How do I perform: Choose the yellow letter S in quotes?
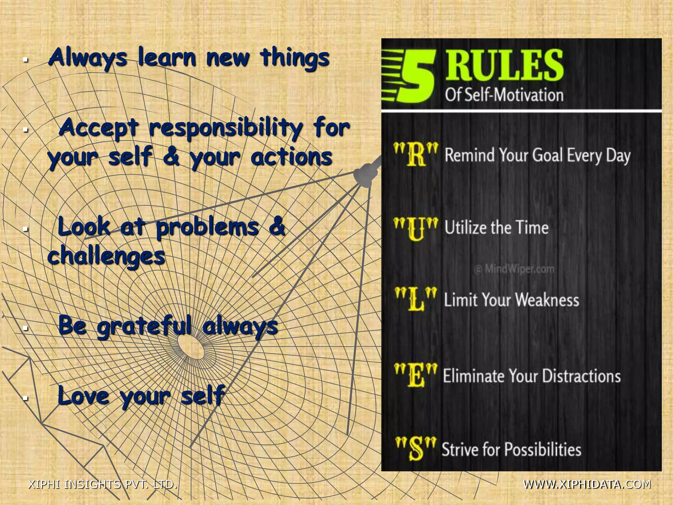[x=416, y=448]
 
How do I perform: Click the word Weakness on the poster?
[x=547, y=300]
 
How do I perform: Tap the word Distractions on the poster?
[x=581, y=376]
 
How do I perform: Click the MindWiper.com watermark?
[x=514, y=269]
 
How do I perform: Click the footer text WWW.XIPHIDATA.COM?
[x=587, y=484]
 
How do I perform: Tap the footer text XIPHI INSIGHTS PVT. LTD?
[x=103, y=484]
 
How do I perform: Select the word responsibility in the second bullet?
[x=225, y=128]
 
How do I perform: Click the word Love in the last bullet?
[x=83, y=396]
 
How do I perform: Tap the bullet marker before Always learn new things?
[x=25, y=60]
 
